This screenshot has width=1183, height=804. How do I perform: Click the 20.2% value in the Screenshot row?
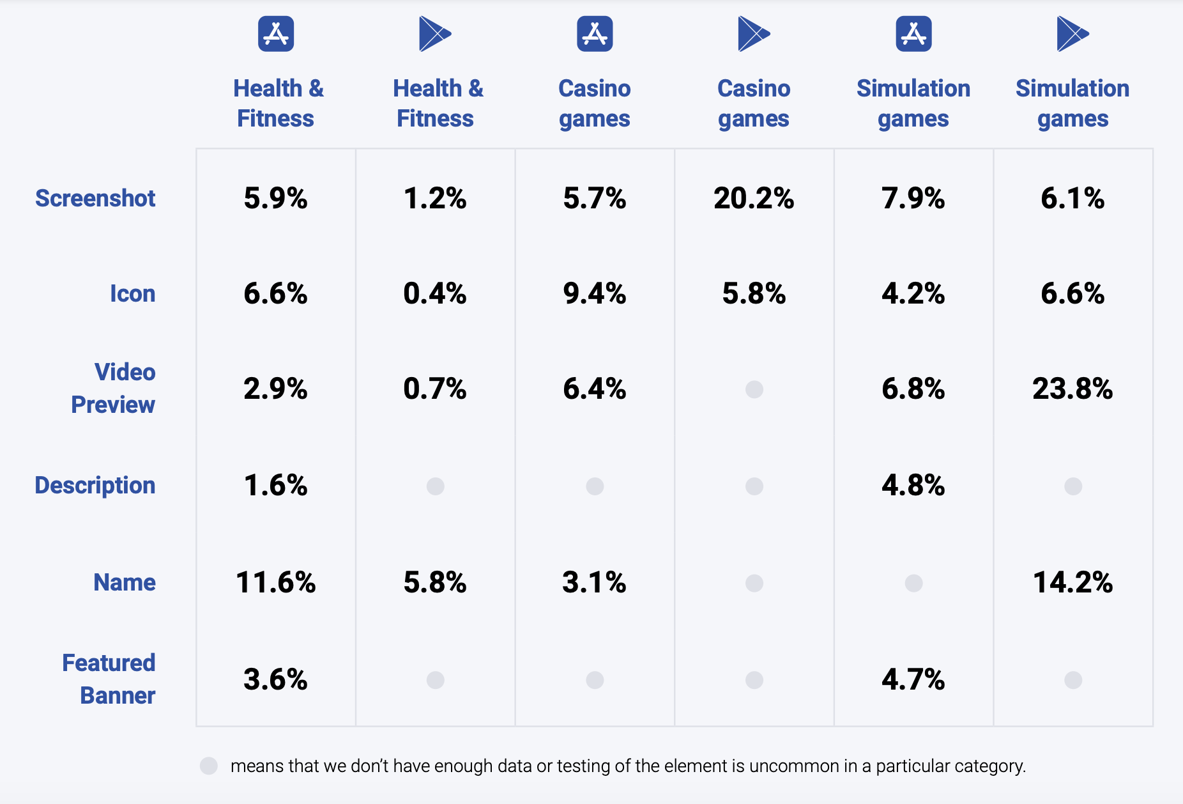pos(754,198)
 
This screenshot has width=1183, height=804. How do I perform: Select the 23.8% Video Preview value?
pos(1072,389)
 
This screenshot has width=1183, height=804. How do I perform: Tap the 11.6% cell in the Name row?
pos(275,582)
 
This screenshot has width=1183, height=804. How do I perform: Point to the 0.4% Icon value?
pos(435,293)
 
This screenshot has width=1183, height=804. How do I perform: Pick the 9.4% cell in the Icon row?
pos(594,293)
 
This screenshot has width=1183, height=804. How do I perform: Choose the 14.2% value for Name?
pos(1072,582)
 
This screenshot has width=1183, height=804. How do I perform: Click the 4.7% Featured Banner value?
pos(913,679)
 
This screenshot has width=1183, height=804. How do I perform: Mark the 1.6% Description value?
pos(275,486)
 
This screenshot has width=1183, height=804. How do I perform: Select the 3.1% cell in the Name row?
pos(594,582)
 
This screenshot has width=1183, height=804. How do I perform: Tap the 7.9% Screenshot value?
pos(913,198)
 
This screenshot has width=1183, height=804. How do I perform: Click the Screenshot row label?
pos(95,198)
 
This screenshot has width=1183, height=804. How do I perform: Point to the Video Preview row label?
pos(114,388)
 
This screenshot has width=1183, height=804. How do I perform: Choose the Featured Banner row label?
pos(109,679)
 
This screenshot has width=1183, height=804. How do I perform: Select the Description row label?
pos(95,485)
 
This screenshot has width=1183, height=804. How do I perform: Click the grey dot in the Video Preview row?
pos(754,389)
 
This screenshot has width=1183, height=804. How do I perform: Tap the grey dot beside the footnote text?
pos(209,766)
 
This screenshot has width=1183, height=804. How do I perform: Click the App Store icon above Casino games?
pos(595,34)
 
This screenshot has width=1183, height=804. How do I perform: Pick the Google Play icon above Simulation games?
pos(1072,34)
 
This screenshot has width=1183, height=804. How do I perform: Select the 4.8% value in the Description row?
pos(913,486)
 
